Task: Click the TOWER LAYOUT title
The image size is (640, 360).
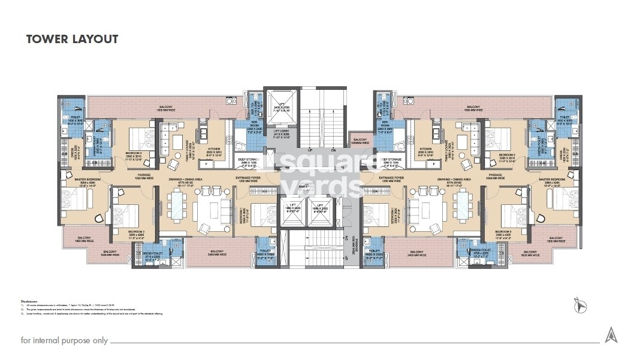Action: pos(72,40)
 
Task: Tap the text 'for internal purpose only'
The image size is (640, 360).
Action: pos(64,340)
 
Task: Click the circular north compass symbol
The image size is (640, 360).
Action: pos(579,307)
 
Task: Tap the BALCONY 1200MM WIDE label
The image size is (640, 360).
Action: pos(360,141)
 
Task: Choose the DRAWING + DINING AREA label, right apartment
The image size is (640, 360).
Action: pos(454,180)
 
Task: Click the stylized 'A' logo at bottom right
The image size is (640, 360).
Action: pos(611,335)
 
